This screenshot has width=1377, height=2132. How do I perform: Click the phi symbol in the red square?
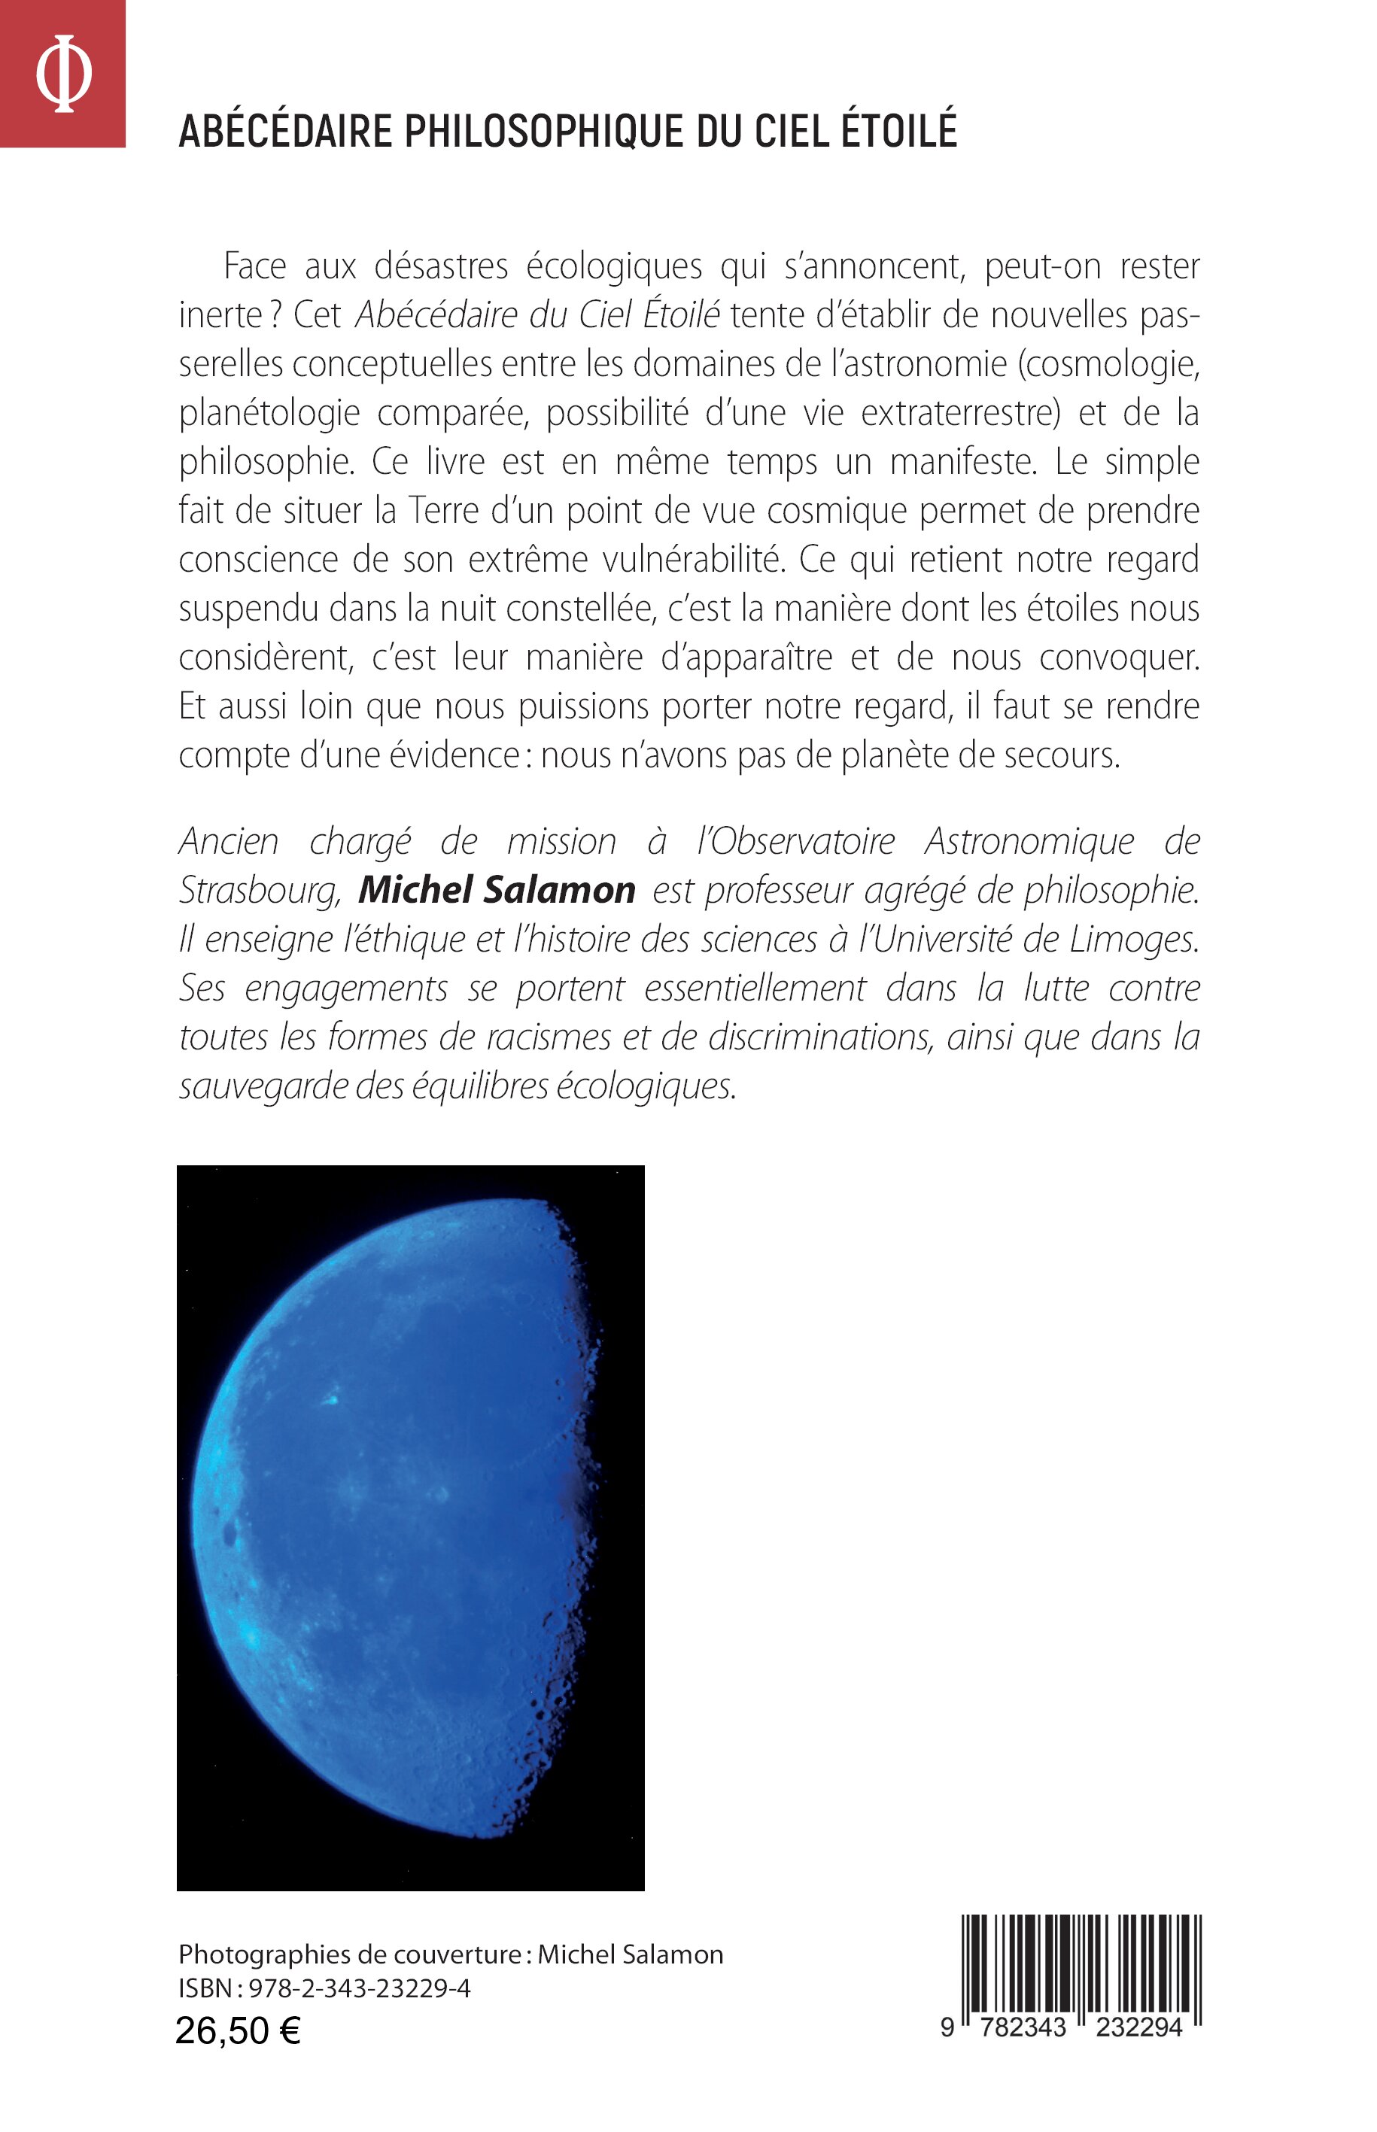62,73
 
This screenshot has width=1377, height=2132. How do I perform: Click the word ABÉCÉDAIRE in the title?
285,132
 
